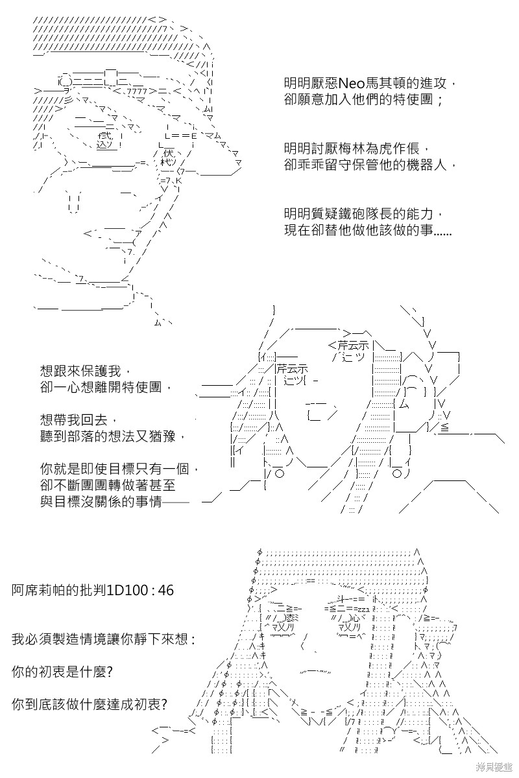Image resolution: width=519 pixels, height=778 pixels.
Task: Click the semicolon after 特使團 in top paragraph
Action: pos(441,100)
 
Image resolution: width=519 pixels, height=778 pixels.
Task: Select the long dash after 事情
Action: pos(176,502)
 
